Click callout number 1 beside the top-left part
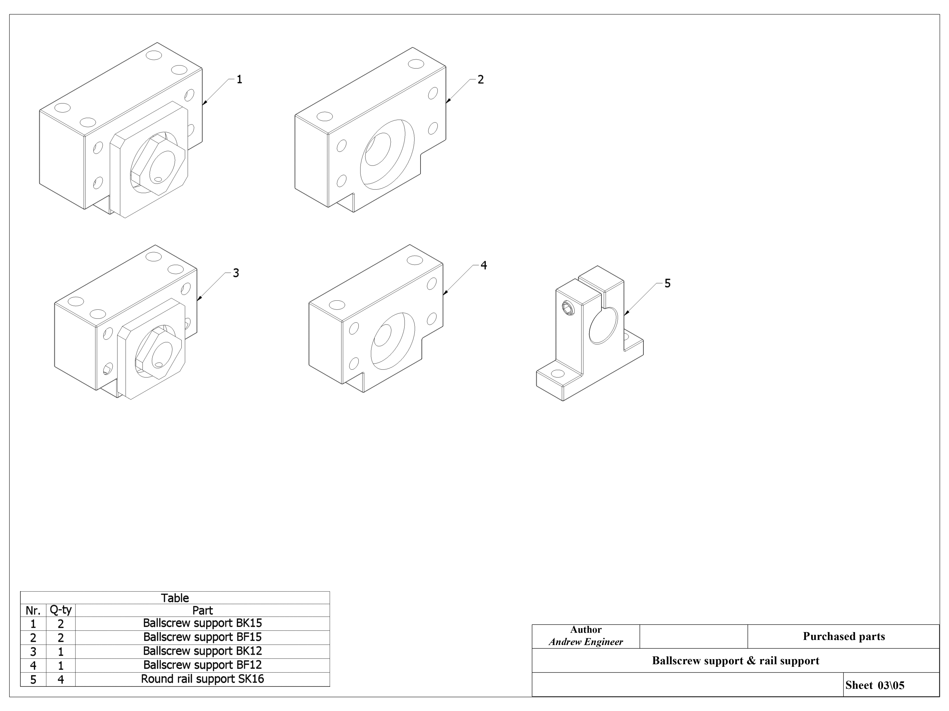pos(239,79)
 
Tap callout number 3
pos(236,273)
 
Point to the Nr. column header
pos(33,610)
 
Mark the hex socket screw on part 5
pos(569,308)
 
